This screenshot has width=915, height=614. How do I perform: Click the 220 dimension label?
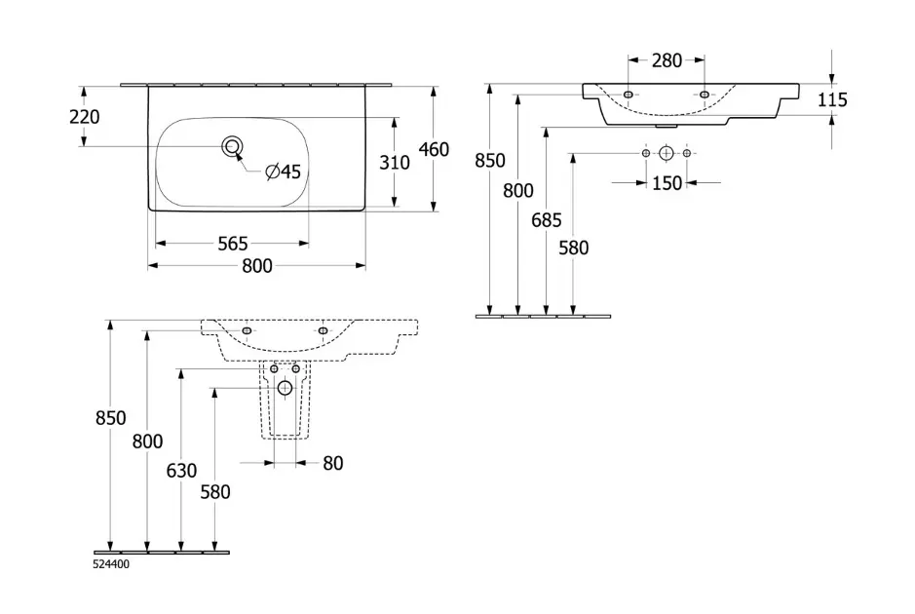[86, 117]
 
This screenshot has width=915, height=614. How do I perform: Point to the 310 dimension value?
[395, 162]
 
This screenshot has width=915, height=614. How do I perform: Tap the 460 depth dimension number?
[434, 149]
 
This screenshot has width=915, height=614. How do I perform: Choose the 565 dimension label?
[232, 243]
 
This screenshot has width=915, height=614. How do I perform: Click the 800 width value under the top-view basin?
[256, 266]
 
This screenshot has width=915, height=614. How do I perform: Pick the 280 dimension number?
[667, 60]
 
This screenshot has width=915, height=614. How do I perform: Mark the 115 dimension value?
[833, 99]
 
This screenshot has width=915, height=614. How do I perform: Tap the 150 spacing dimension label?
[667, 183]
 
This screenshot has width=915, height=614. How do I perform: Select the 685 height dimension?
[547, 220]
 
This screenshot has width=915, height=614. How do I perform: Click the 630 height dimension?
[181, 471]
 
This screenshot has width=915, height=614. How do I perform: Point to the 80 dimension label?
[333, 464]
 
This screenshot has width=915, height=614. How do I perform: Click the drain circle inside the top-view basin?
[232, 146]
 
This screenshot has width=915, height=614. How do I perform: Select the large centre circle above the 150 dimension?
[667, 153]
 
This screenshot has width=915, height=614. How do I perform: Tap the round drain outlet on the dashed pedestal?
[285, 388]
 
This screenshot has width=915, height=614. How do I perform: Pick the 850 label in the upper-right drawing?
[490, 161]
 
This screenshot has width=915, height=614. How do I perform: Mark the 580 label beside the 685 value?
[574, 248]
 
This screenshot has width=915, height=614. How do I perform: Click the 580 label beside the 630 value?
[214, 492]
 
